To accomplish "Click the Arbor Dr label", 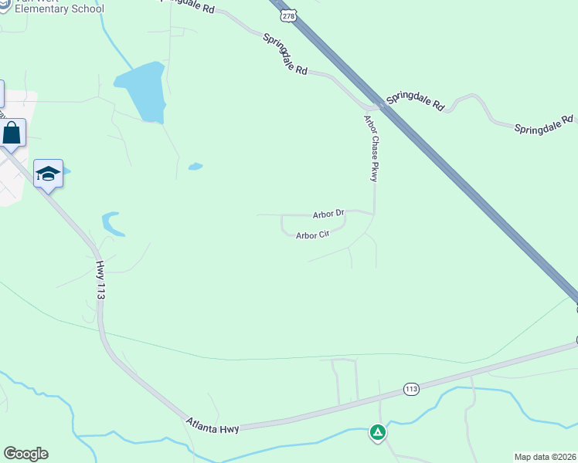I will pos(328,214).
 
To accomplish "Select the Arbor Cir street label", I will pos(313,235).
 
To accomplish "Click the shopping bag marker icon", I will pos(12,133).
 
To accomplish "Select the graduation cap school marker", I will pos(47,174).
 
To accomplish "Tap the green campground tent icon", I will pos(377,432).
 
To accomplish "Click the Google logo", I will pos(25,454).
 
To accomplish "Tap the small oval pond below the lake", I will pos(195,166).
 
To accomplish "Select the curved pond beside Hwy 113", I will pos(113,224).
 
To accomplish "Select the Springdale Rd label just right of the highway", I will pos(416,101).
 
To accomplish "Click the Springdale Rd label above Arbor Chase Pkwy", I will pos(284,54).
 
